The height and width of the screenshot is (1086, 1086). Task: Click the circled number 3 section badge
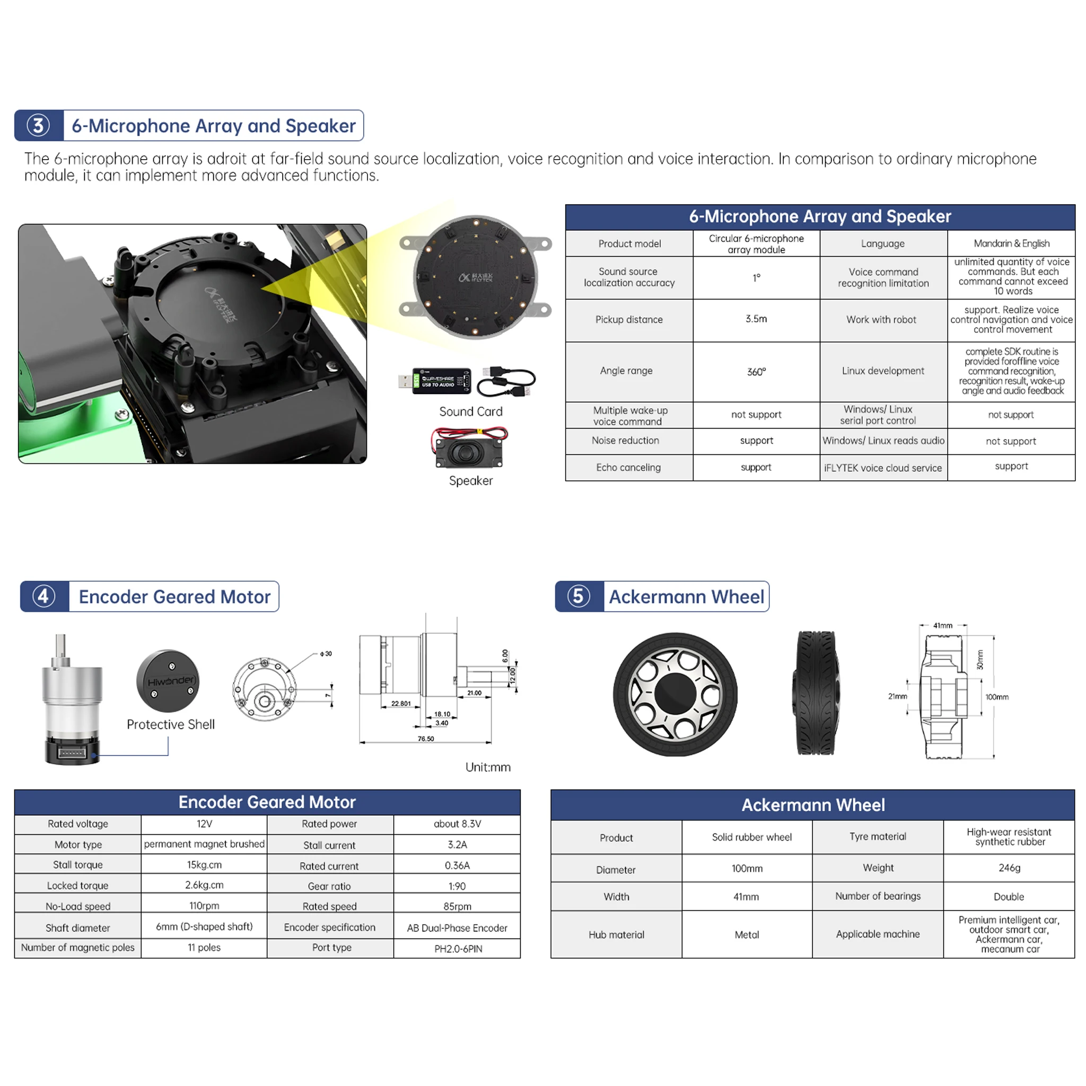point(38,125)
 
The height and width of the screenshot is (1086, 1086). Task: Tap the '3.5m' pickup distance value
point(756,319)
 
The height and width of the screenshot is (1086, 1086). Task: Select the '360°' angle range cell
point(756,372)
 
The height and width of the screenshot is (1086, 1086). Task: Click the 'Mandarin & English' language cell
point(1011,243)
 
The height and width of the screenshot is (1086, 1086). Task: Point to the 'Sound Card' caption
point(470,411)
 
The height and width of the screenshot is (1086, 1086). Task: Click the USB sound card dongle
point(441,381)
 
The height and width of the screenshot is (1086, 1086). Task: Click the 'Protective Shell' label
point(170,724)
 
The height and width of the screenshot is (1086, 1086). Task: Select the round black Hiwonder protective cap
point(168,681)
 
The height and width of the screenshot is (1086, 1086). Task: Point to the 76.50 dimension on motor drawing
point(425,739)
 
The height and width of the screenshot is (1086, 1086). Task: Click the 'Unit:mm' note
point(487,767)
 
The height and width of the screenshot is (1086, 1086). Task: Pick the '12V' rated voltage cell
point(204,824)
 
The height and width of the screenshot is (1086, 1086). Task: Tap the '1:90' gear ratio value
point(457,886)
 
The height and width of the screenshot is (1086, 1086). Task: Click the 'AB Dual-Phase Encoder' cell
point(457,928)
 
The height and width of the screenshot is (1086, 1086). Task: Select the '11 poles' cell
point(204,947)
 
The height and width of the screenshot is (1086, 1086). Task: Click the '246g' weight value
point(1009,868)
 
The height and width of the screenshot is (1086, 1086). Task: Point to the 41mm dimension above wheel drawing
point(943,625)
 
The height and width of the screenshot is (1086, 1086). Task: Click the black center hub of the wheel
point(675,694)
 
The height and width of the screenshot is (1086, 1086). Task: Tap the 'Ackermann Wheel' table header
point(812,805)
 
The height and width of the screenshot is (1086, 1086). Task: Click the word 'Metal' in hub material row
point(747,935)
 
